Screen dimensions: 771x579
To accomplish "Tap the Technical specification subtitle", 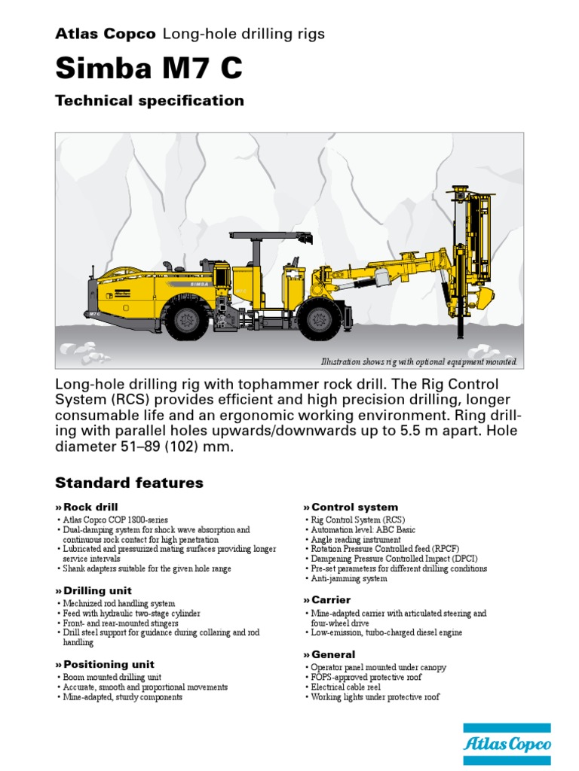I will (149, 101).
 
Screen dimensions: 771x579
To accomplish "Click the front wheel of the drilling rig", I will (317, 320).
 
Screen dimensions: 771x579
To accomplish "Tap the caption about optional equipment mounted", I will (419, 362).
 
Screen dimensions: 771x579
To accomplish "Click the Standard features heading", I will (129, 483).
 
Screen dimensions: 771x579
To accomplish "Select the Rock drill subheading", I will (90, 507).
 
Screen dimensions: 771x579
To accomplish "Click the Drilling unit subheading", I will (97, 591).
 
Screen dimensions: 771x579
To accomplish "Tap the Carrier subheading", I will (331, 600).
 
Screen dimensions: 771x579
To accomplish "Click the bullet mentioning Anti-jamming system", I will (349, 579).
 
